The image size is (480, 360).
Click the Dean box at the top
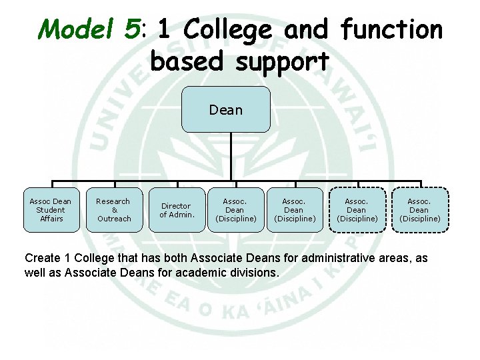[x=226, y=109]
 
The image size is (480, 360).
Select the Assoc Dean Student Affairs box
[x=51, y=210]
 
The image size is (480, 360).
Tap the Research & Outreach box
[x=114, y=210]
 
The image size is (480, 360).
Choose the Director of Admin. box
[x=177, y=210]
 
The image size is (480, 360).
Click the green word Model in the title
[x=77, y=29]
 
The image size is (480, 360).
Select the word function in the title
[x=391, y=29]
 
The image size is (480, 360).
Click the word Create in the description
[x=41, y=258]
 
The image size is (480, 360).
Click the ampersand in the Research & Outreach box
[x=114, y=210]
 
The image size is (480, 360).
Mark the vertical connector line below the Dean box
[x=226, y=157]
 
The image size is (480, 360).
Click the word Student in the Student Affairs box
[x=51, y=210]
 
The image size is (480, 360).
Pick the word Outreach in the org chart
[x=114, y=219]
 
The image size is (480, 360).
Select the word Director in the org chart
[x=176, y=206]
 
